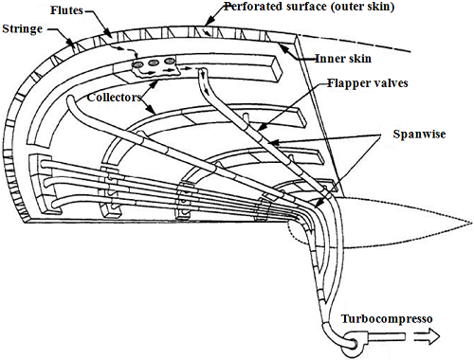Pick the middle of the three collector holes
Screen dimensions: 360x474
(155, 66)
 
